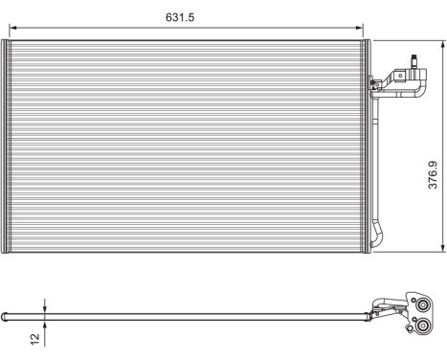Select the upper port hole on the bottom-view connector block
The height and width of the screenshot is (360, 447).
(420, 306)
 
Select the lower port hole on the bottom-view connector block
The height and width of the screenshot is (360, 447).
(419, 330)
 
